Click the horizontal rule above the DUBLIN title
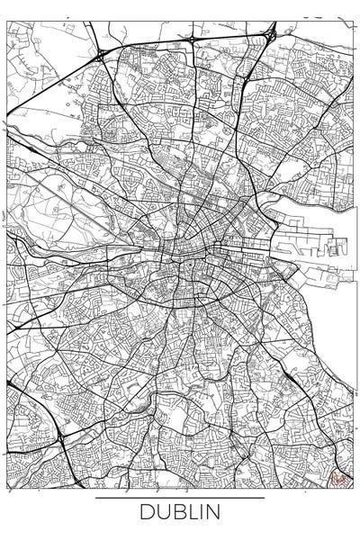pos(180,498)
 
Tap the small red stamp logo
pos(339,479)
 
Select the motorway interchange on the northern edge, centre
pos(193,39)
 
